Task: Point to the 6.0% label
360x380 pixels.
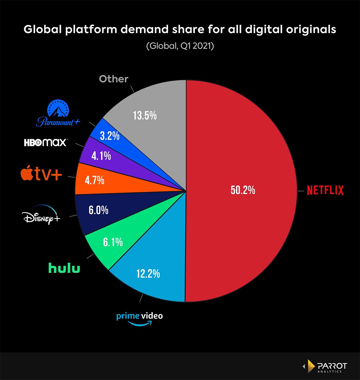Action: pyautogui.click(x=99, y=210)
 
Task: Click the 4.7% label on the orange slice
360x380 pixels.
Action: pyautogui.click(x=95, y=180)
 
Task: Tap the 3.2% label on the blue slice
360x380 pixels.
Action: pyautogui.click(x=110, y=137)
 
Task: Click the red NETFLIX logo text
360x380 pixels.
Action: pyautogui.click(x=325, y=190)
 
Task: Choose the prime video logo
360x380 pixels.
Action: pyautogui.click(x=139, y=318)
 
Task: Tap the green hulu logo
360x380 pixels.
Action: pyautogui.click(x=64, y=268)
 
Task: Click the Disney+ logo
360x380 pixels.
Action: pyautogui.click(x=41, y=216)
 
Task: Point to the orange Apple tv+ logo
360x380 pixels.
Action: pyautogui.click(x=41, y=175)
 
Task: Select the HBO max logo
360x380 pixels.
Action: pyautogui.click(x=45, y=142)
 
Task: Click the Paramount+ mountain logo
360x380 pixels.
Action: pyautogui.click(x=58, y=114)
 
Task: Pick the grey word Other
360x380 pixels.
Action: pyautogui.click(x=113, y=79)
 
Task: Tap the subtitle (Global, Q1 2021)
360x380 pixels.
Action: pyautogui.click(x=180, y=47)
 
